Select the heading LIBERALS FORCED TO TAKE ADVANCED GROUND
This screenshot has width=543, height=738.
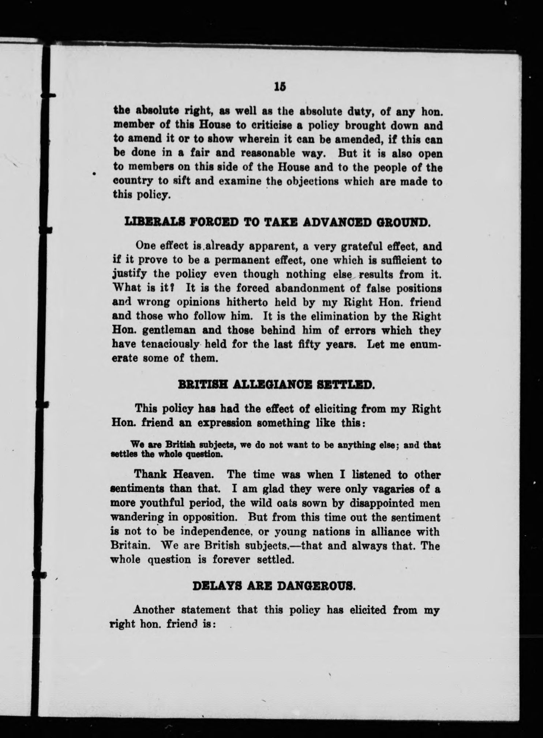(x=277, y=222)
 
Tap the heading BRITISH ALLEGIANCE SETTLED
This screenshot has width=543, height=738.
(x=276, y=385)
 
